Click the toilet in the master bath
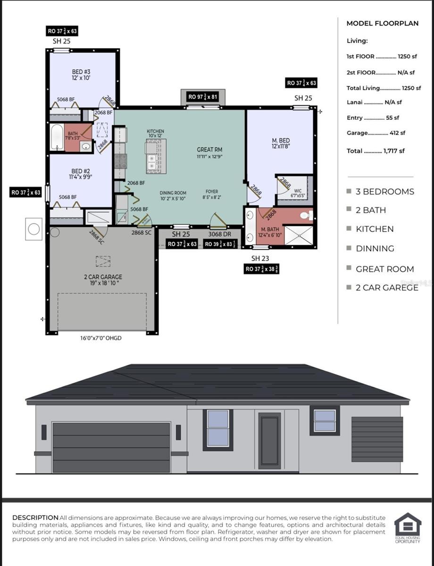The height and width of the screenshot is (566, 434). [306, 216]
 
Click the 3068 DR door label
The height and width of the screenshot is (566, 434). [219, 233]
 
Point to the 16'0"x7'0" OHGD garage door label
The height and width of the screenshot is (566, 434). [100, 338]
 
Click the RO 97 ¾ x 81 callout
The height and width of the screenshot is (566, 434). [203, 97]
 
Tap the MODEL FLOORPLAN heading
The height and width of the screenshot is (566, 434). [382, 23]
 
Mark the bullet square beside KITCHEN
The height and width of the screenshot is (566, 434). [349, 229]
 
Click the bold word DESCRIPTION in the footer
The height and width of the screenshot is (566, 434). [35, 518]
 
